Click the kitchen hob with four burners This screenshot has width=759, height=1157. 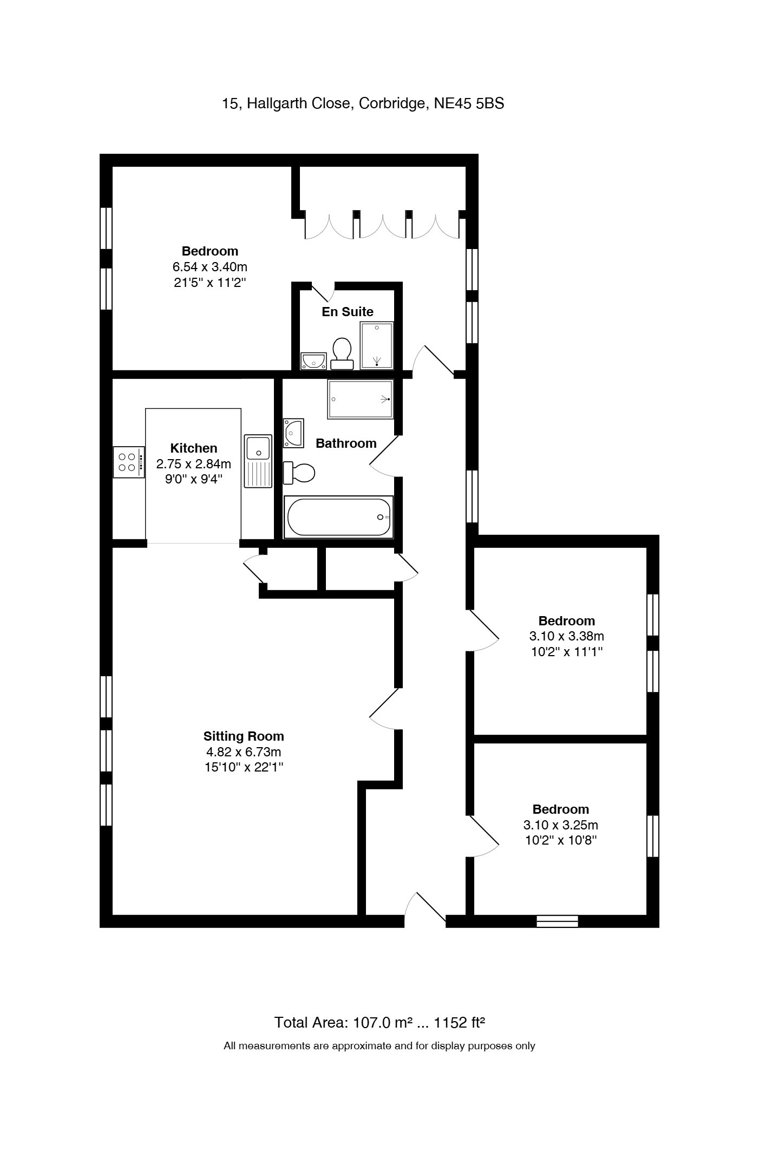pos(129,462)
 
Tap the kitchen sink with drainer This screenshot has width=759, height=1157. pos(258,461)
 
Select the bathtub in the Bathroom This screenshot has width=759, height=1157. pos(338,517)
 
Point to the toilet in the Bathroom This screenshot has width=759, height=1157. pos(299,473)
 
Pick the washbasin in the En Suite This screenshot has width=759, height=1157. pos(313,361)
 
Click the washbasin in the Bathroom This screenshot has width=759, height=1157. pos(293,433)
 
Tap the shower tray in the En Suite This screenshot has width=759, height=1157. pos(377,345)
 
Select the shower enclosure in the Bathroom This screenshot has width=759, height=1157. pos(360,399)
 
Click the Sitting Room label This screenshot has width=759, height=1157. pos(244,736)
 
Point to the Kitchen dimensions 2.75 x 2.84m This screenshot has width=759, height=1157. pos(194,464)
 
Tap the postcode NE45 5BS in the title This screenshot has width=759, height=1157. pos(469,103)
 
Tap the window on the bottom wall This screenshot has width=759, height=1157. pos(557,921)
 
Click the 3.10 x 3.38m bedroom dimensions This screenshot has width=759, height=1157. pos(567,636)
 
